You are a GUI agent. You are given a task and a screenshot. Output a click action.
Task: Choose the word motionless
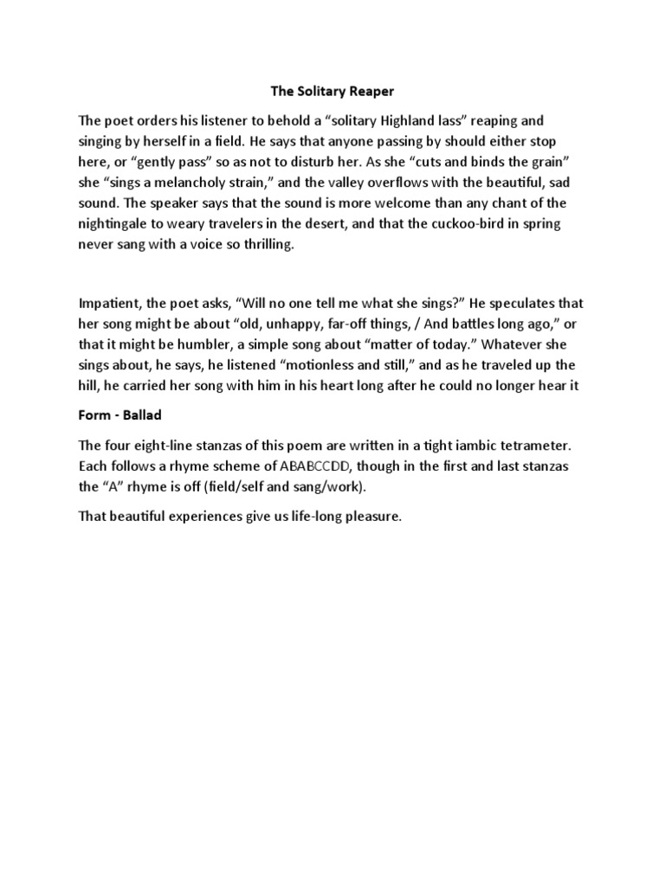(x=313, y=365)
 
